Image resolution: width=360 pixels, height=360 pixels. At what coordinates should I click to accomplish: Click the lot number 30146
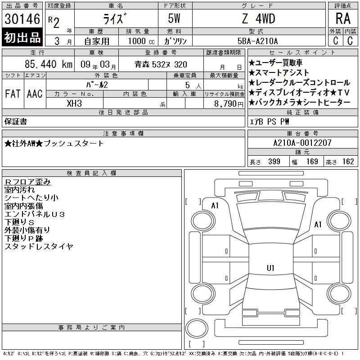coord(22,19)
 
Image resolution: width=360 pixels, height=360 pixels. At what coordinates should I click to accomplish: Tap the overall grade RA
coord(343,18)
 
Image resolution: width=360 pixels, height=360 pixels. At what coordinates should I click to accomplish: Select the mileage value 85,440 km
coord(49,64)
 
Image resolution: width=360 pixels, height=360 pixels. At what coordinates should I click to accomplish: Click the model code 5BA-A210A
coord(257,41)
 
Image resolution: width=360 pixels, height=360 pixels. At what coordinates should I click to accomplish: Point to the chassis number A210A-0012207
coord(302,143)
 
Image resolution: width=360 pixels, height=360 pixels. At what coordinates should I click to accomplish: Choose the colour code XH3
coord(74,103)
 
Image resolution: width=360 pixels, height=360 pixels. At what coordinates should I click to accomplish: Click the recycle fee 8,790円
coord(229,104)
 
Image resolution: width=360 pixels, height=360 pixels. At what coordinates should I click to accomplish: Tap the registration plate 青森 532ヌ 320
coord(161,64)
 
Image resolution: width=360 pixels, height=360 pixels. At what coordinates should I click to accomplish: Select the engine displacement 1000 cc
coord(141,41)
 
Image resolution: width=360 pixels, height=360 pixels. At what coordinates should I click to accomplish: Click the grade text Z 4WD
coord(258,18)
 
